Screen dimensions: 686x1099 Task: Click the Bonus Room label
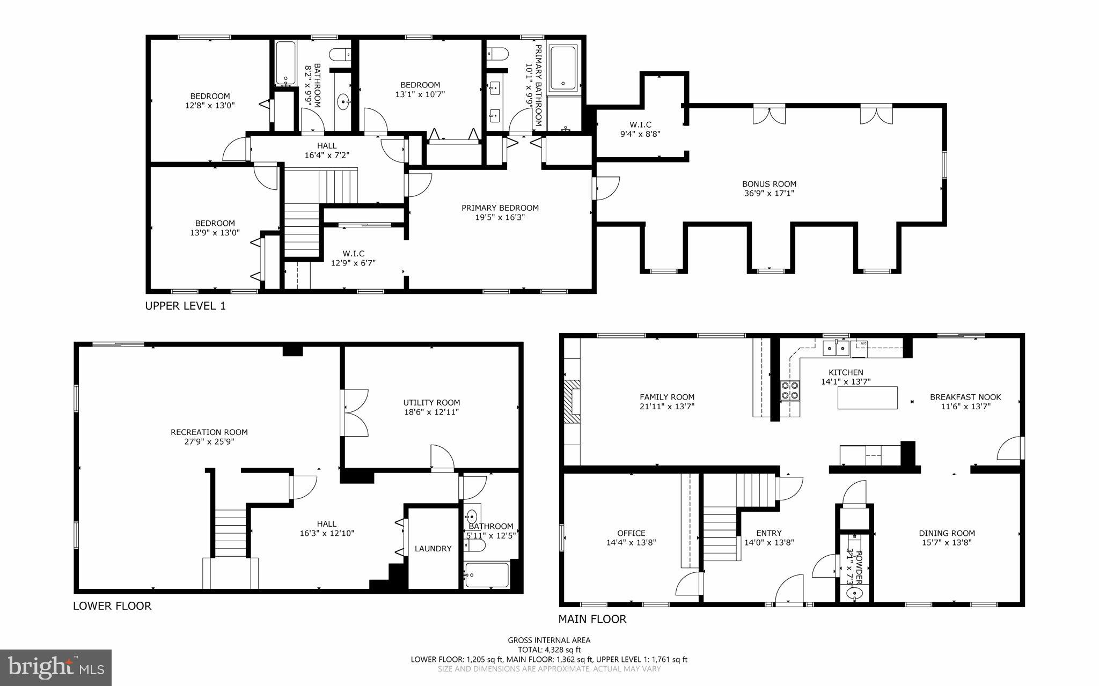pos(769,184)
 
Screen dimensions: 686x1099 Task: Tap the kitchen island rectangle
pos(867,398)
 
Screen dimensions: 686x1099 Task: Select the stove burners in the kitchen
pos(789,390)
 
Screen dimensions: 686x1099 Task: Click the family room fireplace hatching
pos(572,402)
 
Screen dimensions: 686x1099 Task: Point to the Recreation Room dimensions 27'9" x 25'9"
pos(209,442)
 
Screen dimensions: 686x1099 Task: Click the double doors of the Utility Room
pos(355,412)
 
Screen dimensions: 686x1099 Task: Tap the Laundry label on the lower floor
pos(433,549)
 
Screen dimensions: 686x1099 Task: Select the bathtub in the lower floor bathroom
pos(487,576)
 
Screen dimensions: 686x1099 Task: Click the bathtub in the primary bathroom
pos(563,67)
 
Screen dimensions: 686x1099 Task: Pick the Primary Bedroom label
pos(500,208)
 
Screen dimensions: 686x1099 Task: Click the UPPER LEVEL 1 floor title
pos(186,306)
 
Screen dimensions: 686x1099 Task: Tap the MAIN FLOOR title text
pos(592,619)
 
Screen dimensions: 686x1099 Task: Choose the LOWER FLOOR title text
pos(112,606)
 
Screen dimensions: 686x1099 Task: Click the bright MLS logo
pos(56,667)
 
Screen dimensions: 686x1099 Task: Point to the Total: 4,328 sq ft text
pos(549,650)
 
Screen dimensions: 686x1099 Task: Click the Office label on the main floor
pos(631,533)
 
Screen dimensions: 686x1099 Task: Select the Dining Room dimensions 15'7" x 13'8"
pos(947,542)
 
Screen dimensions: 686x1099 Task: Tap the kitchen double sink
pos(836,349)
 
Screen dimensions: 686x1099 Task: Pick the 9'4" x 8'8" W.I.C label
pos(640,135)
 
